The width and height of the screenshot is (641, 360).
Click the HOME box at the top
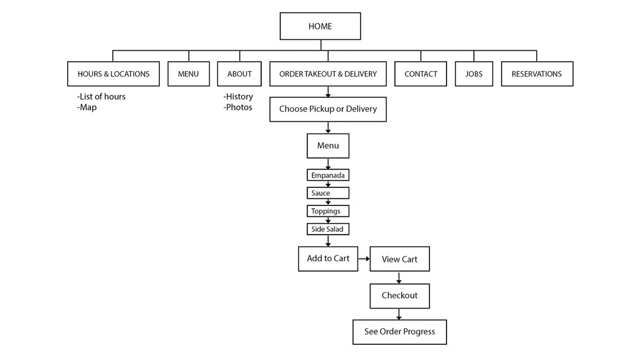pos(320,26)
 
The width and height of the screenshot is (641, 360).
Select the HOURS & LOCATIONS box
pos(113,74)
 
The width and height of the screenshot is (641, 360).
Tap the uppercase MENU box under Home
pos(188,74)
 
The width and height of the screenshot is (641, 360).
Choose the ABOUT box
pos(239,74)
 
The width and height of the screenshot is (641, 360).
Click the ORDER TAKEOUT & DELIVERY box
pos(328,74)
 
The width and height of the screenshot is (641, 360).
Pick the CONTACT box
pos(420,74)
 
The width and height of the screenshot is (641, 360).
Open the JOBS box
pos(474,74)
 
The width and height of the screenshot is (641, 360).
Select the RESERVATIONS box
pos(537,74)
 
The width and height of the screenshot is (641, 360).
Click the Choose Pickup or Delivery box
pos(328,109)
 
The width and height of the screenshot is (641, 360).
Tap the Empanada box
pos(328,175)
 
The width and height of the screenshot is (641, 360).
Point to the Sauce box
pos(328,193)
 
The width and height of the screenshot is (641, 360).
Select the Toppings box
pos(328,211)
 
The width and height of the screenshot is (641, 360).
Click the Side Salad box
pos(328,229)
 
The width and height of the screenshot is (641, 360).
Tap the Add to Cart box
pos(328,259)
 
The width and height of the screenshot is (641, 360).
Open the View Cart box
pos(400,259)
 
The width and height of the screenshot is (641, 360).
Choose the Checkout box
pos(400,296)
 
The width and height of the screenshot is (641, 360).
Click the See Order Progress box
pos(400,332)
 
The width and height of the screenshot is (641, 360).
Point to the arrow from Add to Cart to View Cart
pos(364,259)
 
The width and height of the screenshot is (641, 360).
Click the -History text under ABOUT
pos(238,96)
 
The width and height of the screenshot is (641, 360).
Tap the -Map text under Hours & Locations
pos(87,107)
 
